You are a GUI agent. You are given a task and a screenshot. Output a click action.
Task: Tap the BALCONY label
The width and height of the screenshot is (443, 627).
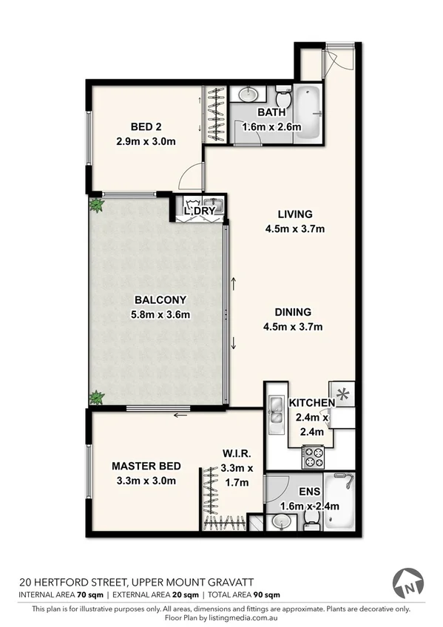(160, 299)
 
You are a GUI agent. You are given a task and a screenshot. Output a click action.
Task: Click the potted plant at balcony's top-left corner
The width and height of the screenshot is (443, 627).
(95, 205)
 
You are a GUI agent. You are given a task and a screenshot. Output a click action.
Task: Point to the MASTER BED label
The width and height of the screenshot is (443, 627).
(145, 466)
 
